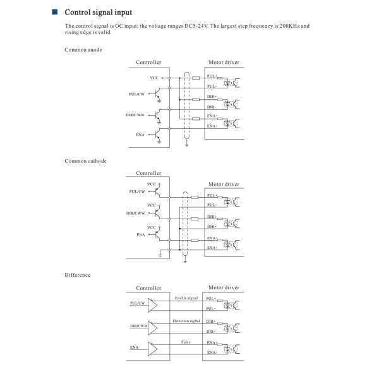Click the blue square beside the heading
click(x=54, y=12)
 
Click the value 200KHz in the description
click(x=283, y=26)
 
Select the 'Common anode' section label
click(x=83, y=49)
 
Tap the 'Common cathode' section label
click(x=86, y=160)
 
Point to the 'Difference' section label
click(x=78, y=275)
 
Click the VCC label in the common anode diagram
click(x=153, y=77)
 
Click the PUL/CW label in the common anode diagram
click(x=137, y=94)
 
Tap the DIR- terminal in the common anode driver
click(x=212, y=107)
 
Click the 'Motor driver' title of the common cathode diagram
click(x=224, y=184)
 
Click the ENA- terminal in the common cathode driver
click(x=212, y=248)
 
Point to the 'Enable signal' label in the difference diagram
click(x=186, y=296)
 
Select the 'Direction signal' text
click(x=186, y=321)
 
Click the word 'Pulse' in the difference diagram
click(x=186, y=341)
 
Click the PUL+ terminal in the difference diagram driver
click(x=212, y=298)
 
